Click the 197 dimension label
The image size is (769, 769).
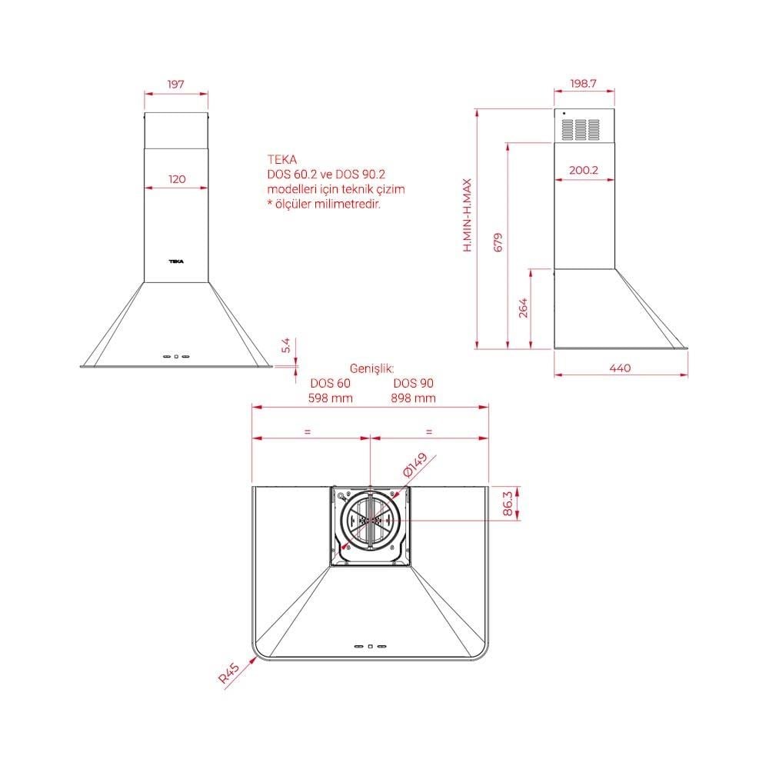click(x=175, y=84)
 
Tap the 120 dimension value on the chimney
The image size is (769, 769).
click(x=177, y=179)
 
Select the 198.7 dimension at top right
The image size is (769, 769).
click(x=583, y=83)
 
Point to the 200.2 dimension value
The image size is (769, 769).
click(x=584, y=170)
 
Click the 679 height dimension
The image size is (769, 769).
click(x=498, y=242)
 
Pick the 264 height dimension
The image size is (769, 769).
click(x=523, y=308)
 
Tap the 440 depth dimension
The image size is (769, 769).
click(x=620, y=368)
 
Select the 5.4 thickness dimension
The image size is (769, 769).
click(x=286, y=345)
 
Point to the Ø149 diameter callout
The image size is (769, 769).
click(x=415, y=464)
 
